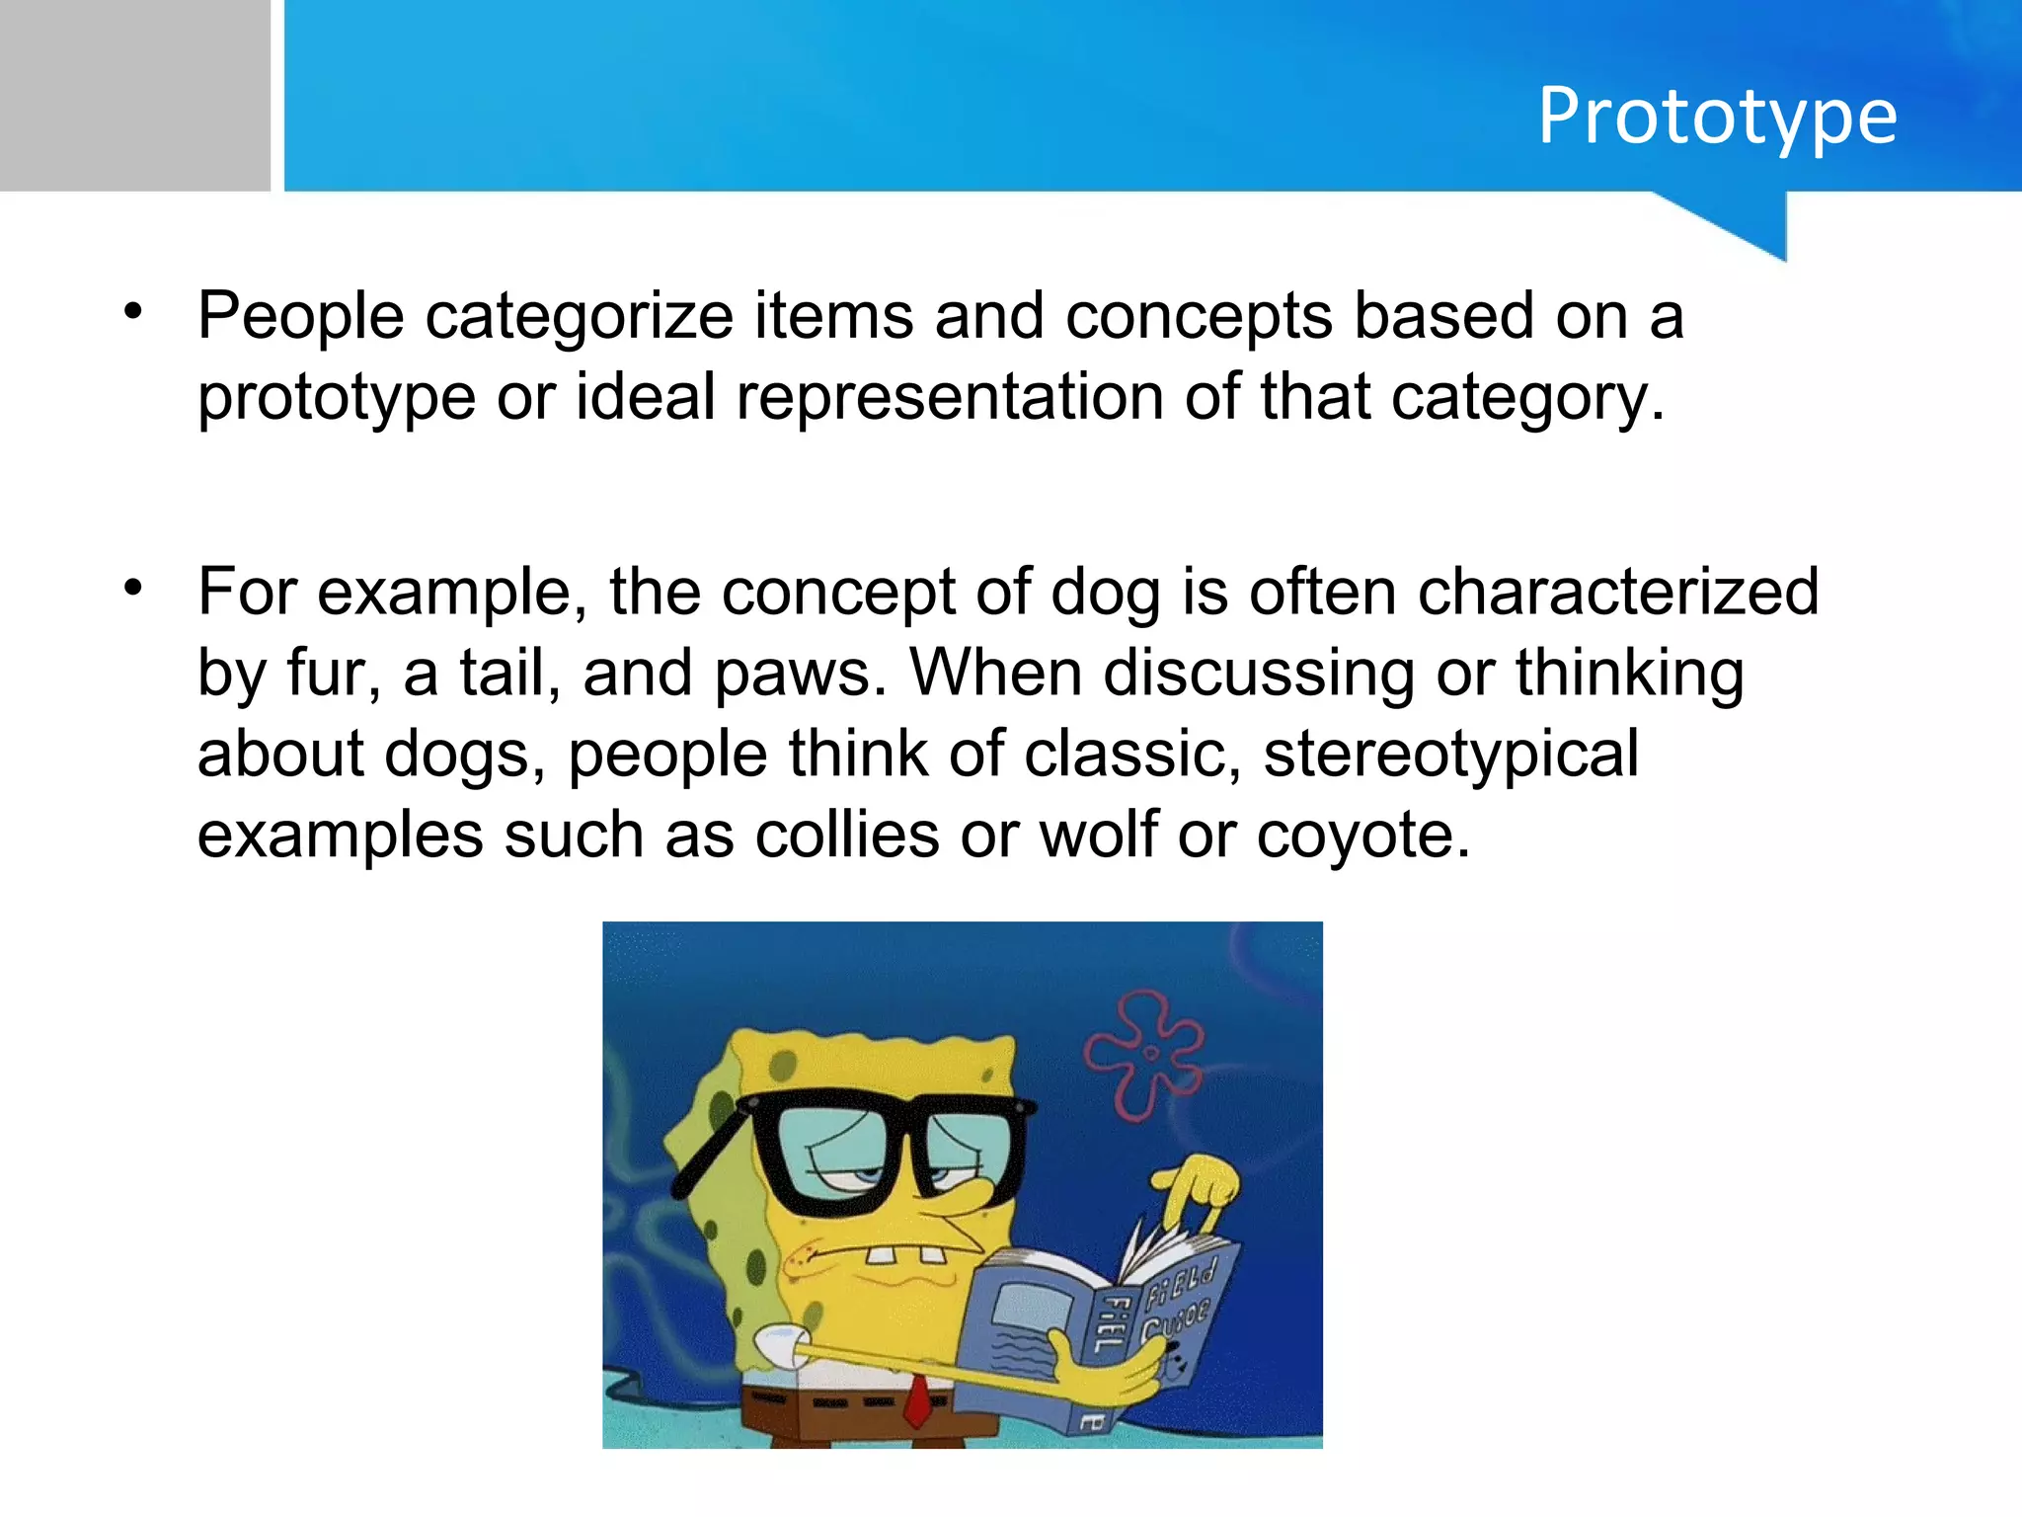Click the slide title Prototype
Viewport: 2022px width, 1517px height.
pyautogui.click(x=1717, y=117)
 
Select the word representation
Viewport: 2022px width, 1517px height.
pyautogui.click(x=949, y=397)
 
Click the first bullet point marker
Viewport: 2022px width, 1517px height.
pyautogui.click(x=133, y=313)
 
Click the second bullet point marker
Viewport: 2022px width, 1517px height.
pyautogui.click(x=133, y=590)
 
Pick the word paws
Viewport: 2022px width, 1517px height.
pyautogui.click(x=800, y=674)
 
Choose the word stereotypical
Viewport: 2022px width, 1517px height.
pyautogui.click(x=1451, y=755)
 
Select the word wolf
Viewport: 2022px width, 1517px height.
pyautogui.click(x=1098, y=836)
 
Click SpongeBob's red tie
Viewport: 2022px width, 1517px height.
pyautogui.click(x=918, y=1398)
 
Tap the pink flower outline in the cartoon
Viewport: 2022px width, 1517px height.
pyautogui.click(x=1145, y=1057)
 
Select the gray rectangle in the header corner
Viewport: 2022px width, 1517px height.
pyautogui.click(x=134, y=95)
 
